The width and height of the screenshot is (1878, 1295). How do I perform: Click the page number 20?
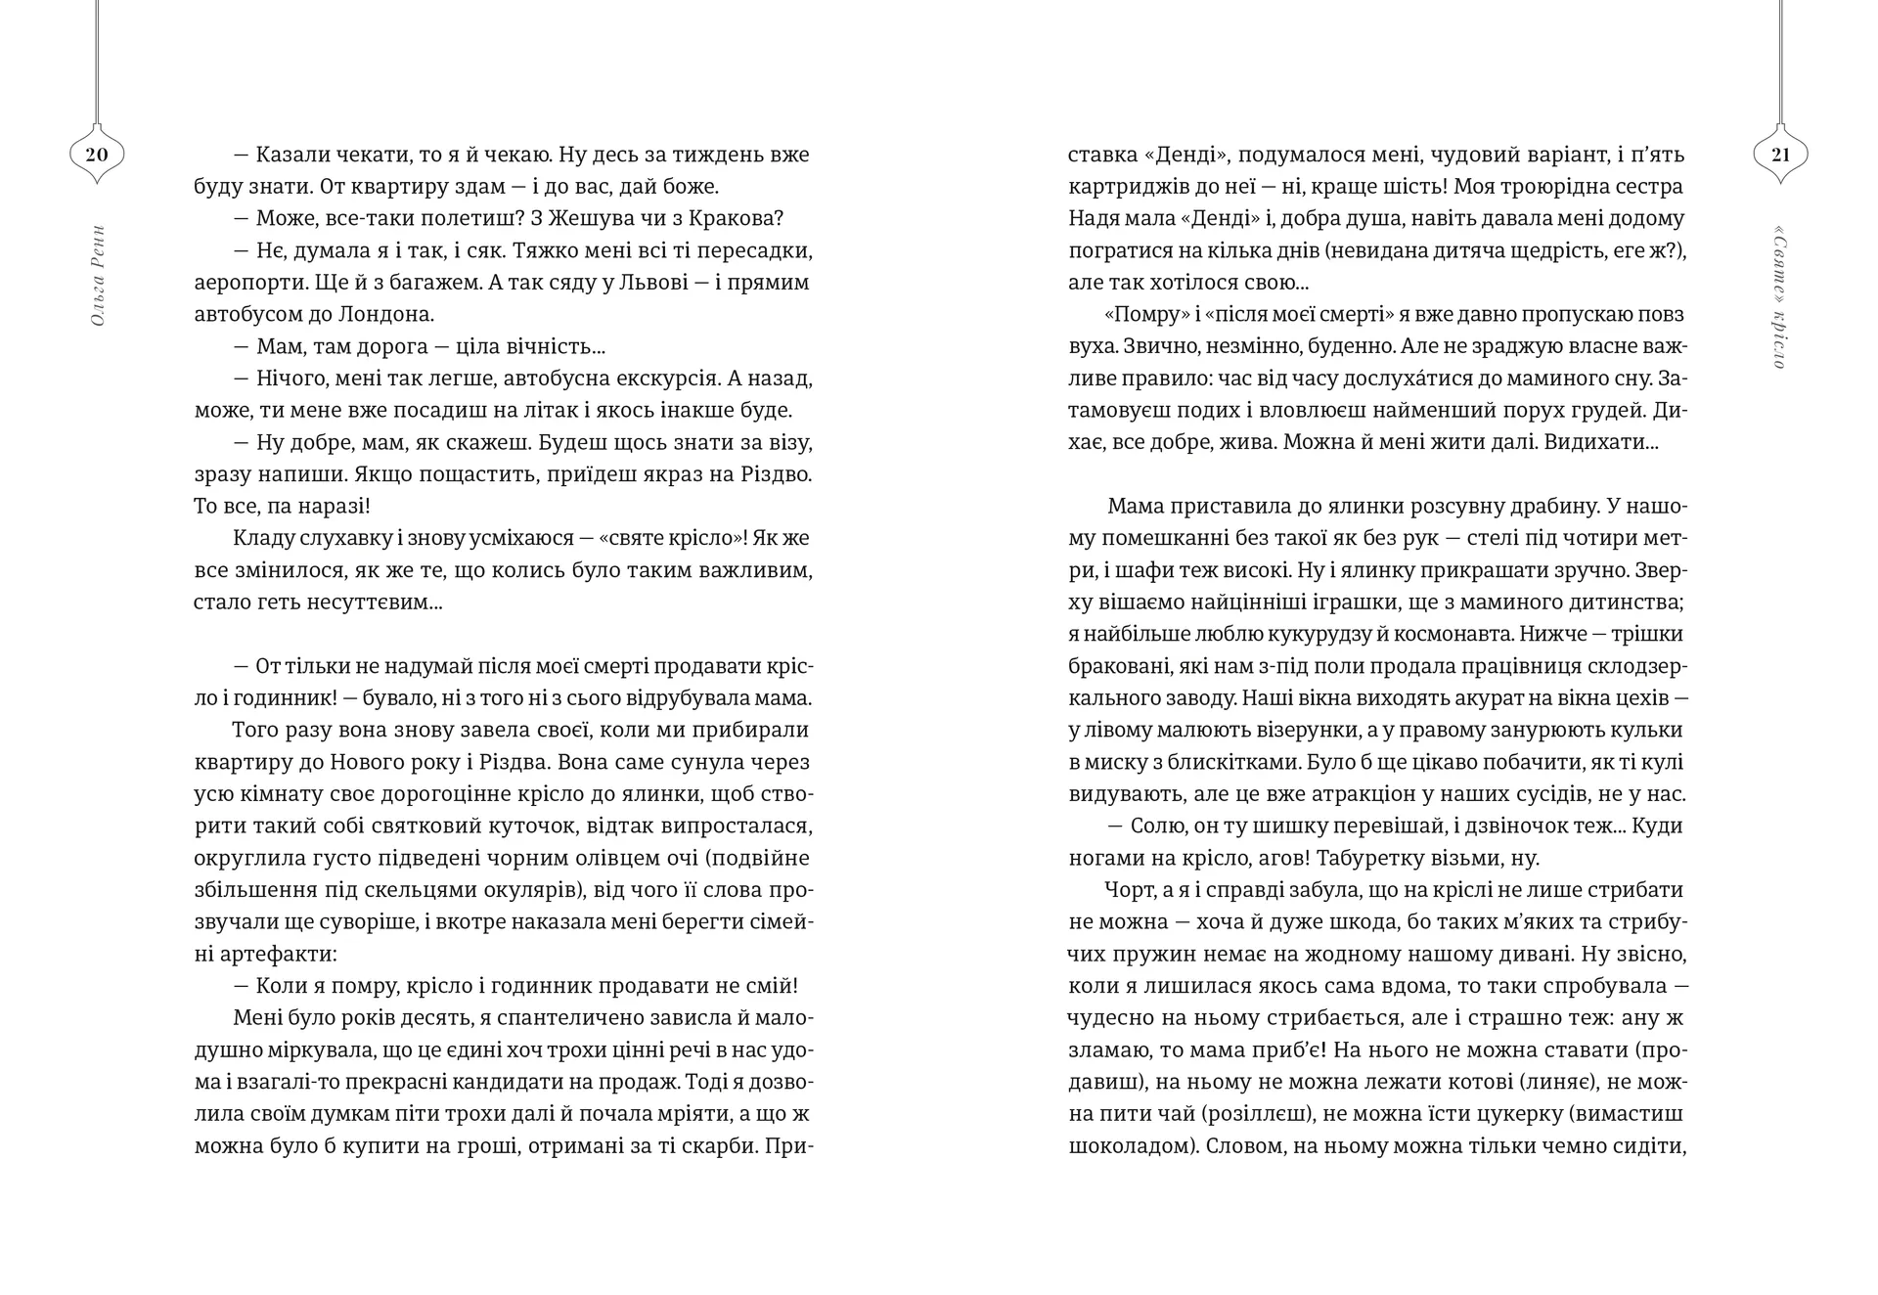point(96,155)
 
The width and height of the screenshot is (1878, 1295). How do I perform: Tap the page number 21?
point(1780,155)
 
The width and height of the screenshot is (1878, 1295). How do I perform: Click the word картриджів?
point(1128,187)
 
